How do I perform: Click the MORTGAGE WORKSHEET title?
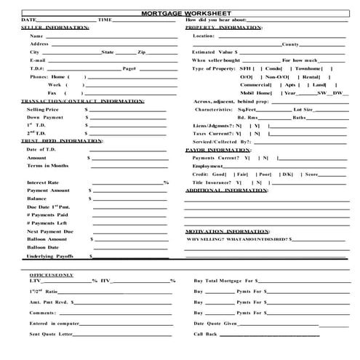[x=180, y=12]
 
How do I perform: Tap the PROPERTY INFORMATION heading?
[x=224, y=27]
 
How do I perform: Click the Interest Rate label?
[x=43, y=182]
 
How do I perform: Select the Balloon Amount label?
[x=46, y=239]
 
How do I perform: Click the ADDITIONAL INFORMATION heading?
[x=227, y=190]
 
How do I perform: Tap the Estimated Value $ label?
[x=215, y=52]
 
